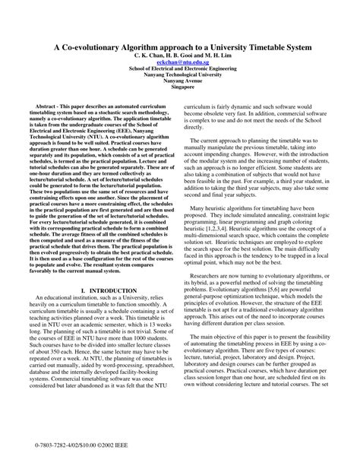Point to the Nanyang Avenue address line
[180, 82]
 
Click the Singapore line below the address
[180, 89]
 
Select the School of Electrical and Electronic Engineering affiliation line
[180, 69]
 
